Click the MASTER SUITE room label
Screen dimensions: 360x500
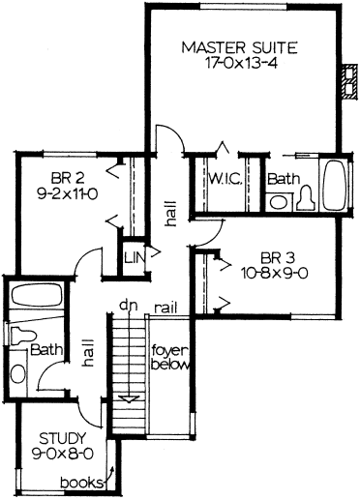[x=239, y=47]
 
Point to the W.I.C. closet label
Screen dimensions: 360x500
[x=225, y=178]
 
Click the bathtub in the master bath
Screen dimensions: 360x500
[x=335, y=185]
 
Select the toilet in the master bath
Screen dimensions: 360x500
[x=306, y=198]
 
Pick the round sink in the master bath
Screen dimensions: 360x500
[x=278, y=202]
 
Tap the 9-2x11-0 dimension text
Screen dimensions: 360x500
[x=68, y=194]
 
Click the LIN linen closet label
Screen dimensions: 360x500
[x=135, y=257]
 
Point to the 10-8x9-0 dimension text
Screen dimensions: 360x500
[x=274, y=274]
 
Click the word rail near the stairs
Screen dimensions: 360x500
[x=165, y=309]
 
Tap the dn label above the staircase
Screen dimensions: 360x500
[x=129, y=306]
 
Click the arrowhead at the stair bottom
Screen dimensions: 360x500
[x=129, y=398]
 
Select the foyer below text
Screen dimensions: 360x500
[x=169, y=358]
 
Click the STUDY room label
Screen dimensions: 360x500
[x=63, y=438]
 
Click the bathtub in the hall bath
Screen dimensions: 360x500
[x=37, y=295]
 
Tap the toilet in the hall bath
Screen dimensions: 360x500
[x=22, y=336]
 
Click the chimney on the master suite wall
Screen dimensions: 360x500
[x=349, y=81]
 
